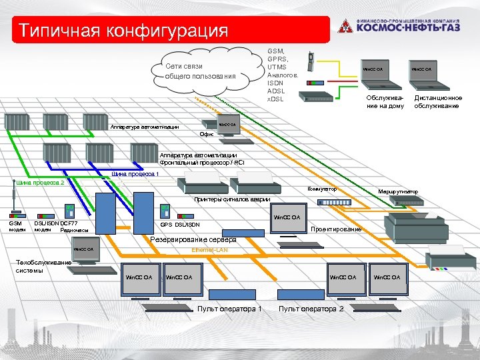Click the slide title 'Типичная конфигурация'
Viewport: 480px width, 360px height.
[123, 31]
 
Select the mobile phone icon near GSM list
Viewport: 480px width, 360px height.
[309, 62]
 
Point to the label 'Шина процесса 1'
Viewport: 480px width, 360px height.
[135, 174]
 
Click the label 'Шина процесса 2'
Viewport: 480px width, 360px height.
[40, 182]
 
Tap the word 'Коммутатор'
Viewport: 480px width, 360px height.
[322, 189]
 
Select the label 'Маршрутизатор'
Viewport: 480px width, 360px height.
[398, 192]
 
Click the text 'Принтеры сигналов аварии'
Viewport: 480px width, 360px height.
[232, 200]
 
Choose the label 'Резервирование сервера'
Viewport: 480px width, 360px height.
[193, 239]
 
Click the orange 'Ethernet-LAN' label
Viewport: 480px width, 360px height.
[209, 249]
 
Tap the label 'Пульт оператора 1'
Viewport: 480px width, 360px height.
[229, 309]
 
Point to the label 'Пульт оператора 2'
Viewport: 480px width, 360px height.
[311, 309]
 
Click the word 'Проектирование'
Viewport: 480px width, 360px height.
[337, 229]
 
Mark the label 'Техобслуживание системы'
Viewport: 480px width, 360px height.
[43, 267]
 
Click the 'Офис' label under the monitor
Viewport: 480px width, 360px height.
[207, 134]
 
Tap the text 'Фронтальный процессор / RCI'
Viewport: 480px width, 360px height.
[202, 162]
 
